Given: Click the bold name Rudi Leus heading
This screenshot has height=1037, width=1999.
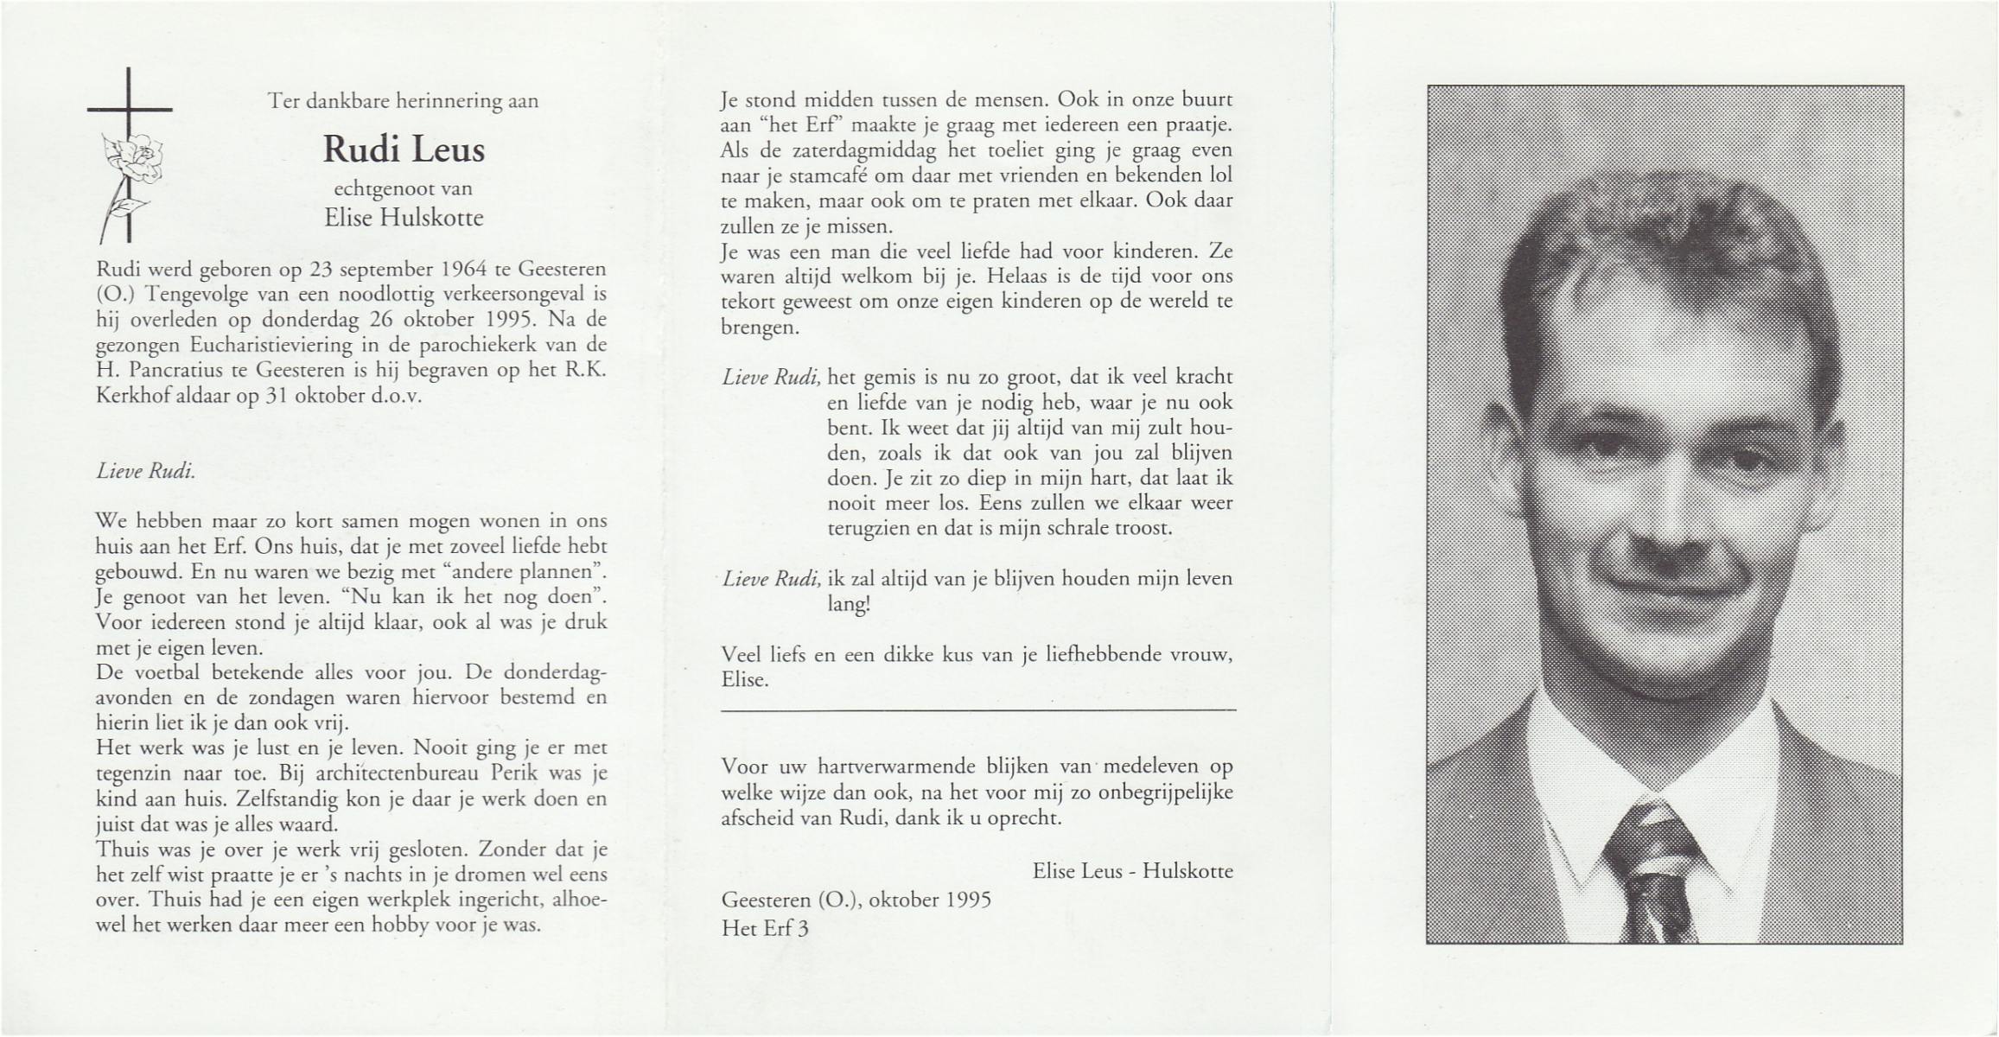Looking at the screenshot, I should click(404, 150).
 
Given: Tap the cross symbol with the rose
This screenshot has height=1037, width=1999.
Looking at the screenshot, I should click(128, 156).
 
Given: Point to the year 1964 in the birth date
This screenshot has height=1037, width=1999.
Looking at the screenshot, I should click(464, 269).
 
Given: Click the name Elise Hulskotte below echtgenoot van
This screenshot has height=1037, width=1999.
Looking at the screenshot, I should click(404, 218).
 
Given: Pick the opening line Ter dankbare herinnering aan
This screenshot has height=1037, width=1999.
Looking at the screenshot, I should click(404, 101).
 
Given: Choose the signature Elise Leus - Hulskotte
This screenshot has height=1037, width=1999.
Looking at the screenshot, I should click(1132, 870).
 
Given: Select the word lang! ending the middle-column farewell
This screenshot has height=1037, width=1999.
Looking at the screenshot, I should click(849, 604).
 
